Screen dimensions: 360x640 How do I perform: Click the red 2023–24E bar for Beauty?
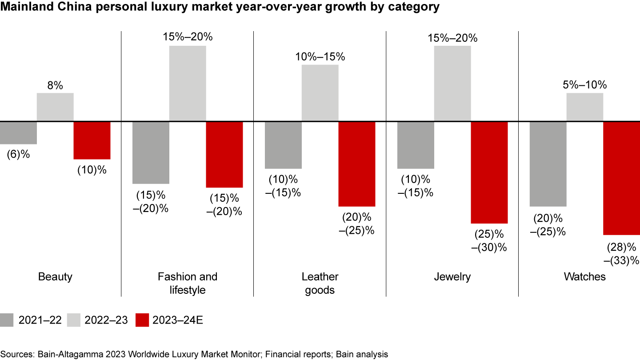click(92, 140)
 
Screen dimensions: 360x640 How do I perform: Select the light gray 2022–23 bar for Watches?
click(584, 107)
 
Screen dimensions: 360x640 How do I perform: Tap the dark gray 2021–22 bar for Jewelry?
click(416, 145)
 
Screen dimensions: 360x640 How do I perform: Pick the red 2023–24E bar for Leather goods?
click(357, 164)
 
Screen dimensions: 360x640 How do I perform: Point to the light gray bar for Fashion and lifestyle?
click(188, 83)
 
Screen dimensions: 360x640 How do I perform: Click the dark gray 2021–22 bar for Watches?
click(548, 164)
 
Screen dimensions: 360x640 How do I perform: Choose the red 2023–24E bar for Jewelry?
click(489, 172)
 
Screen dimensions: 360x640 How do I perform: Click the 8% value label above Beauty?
click(55, 85)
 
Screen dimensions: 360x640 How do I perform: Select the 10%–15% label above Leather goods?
click(320, 57)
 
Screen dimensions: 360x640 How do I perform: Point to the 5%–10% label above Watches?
click(584, 85)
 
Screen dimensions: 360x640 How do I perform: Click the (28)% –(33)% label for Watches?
click(621, 253)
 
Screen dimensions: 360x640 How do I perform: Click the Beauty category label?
click(55, 277)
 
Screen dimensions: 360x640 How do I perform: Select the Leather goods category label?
click(320, 284)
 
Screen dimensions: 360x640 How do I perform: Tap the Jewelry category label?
click(452, 277)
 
